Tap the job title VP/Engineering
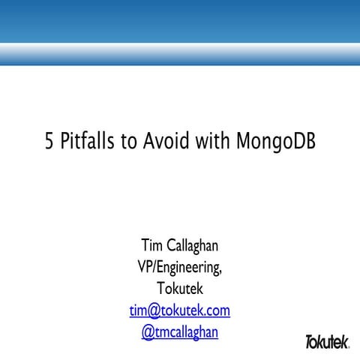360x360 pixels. (178, 267)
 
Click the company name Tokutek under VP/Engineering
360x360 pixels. (180, 289)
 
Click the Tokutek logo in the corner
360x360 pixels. (327, 342)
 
